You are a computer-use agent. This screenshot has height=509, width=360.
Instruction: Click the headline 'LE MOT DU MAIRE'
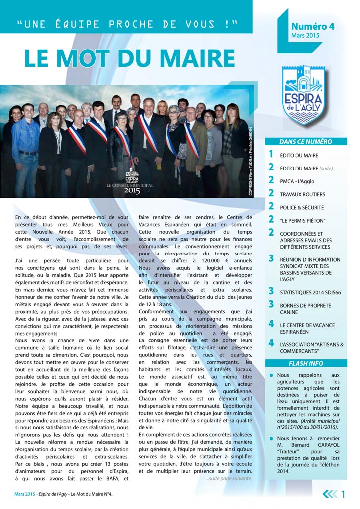point(130,58)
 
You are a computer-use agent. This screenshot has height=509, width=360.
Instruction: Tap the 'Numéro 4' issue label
point(313,27)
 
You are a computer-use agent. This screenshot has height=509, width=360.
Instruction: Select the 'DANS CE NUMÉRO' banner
point(305,142)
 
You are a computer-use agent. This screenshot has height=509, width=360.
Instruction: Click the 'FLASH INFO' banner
point(305,363)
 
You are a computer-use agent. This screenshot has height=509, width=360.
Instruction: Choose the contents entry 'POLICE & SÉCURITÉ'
point(302,207)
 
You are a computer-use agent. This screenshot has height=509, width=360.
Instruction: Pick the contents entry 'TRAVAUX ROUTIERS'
point(302,194)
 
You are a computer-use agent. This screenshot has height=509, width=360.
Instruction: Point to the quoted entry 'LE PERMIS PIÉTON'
point(302,220)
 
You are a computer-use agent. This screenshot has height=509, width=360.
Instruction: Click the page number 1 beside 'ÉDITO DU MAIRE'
point(271,155)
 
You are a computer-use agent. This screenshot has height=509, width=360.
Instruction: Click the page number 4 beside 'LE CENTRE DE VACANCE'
point(271,324)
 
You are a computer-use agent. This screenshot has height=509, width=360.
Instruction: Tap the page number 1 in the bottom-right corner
point(343,494)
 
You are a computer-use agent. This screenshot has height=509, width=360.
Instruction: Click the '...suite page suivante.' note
point(228,478)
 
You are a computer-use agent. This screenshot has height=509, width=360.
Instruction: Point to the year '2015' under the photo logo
point(132,190)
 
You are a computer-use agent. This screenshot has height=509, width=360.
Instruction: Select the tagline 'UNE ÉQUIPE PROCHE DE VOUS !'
point(127,24)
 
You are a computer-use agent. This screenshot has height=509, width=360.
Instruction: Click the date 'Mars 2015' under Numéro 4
point(305,36)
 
